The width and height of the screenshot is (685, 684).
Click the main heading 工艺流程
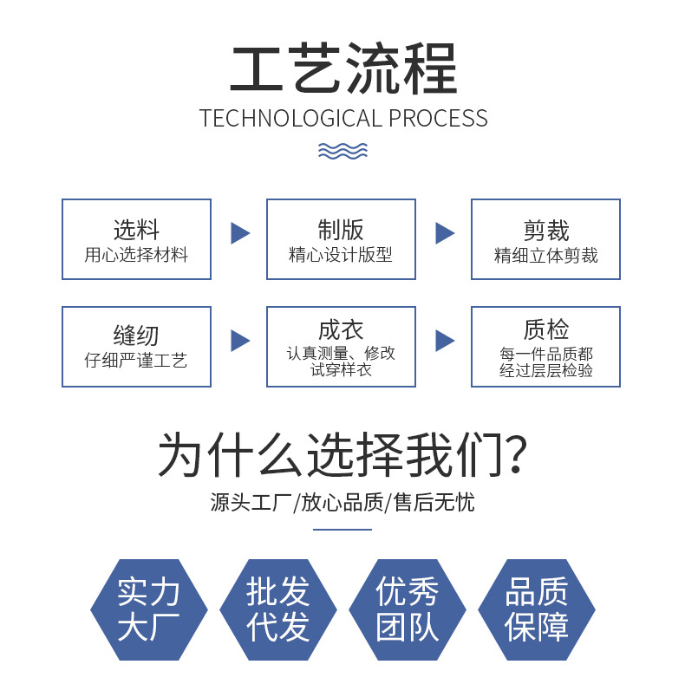pyautogui.click(x=342, y=69)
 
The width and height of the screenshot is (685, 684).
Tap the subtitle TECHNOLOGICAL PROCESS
pyautogui.click(x=343, y=118)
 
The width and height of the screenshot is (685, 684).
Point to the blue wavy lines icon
pyautogui.click(x=342, y=152)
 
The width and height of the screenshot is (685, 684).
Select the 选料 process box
pyautogui.click(x=136, y=239)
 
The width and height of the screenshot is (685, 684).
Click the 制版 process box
pyautogui.click(x=341, y=239)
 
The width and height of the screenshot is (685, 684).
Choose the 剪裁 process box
pyautogui.click(x=545, y=239)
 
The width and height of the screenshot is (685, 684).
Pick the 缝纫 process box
pyautogui.click(x=136, y=346)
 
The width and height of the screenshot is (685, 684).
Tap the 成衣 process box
pyautogui.click(x=341, y=346)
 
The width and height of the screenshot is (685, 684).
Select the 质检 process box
pyautogui.click(x=545, y=346)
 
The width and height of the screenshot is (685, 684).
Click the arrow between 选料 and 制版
pyautogui.click(x=240, y=233)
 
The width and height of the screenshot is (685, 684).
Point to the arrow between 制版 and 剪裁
pyautogui.click(x=445, y=233)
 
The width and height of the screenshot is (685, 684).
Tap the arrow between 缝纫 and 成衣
pyautogui.click(x=240, y=341)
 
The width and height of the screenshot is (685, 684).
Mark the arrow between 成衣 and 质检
pyautogui.click(x=445, y=341)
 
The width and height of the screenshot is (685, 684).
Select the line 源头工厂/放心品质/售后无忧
pyautogui.click(x=342, y=502)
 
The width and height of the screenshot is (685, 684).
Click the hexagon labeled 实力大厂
pyautogui.click(x=149, y=610)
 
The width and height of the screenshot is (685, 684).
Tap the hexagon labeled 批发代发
pyautogui.click(x=278, y=610)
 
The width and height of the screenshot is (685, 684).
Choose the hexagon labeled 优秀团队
pyautogui.click(x=408, y=610)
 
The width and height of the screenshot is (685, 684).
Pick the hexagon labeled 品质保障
pyautogui.click(x=537, y=610)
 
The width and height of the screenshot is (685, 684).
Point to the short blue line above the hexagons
pyautogui.click(x=342, y=530)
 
